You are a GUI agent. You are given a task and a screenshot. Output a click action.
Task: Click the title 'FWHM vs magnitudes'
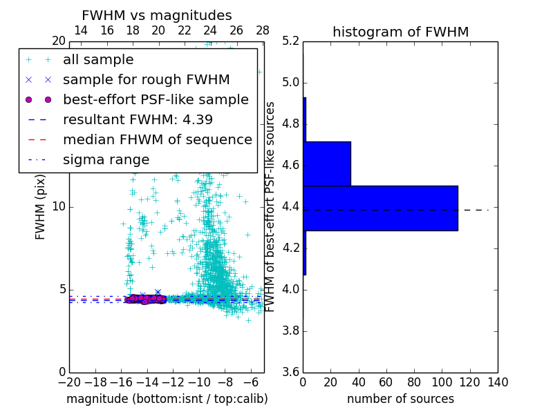coord(157,16)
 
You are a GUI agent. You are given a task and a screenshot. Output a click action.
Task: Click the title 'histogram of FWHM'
coord(400,32)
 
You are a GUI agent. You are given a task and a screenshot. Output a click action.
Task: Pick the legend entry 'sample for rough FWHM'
coord(146,79)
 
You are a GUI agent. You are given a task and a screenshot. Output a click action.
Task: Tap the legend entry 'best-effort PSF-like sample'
coord(156,99)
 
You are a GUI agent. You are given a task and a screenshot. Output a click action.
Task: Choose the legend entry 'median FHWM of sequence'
coord(157,139)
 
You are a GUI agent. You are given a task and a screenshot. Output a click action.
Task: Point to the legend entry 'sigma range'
coord(106,159)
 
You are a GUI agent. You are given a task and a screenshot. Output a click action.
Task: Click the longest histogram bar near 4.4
coord(380,208)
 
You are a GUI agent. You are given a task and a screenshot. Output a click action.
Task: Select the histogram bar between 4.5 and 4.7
coord(327,164)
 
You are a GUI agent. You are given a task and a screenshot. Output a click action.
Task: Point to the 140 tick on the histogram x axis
coord(498,382)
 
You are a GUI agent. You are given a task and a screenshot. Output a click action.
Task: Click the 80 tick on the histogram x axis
coord(414,382)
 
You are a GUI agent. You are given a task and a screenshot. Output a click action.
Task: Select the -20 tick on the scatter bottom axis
coord(69,382)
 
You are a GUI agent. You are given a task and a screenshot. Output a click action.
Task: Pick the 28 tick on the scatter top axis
coord(263,30)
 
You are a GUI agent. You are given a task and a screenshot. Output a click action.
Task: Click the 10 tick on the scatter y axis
coord(59,207)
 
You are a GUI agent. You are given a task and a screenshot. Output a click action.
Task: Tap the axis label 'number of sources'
coord(400,399)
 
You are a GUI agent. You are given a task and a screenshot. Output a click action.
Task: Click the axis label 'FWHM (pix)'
coord(41,208)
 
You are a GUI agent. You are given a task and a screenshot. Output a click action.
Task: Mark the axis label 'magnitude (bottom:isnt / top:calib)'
coord(167,399)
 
